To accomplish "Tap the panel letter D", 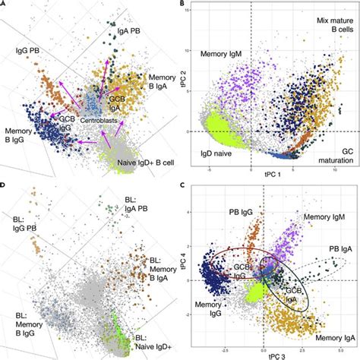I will (x=4, y=188).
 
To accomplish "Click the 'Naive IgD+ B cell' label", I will (x=134, y=162).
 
